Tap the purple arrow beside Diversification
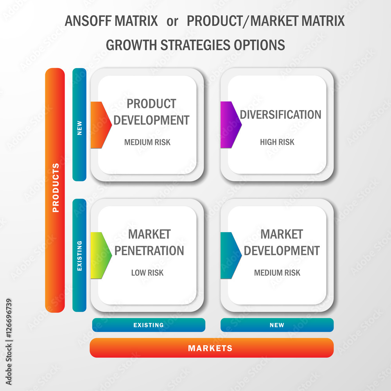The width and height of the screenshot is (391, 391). click(x=230, y=125)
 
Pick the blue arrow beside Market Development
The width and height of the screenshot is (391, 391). click(x=230, y=255)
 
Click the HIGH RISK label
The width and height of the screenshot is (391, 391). click(x=277, y=142)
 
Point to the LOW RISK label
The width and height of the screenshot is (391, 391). click(x=147, y=273)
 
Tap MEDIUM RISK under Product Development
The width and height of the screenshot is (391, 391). click(x=147, y=142)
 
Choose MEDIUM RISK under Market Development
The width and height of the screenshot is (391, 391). click(x=277, y=273)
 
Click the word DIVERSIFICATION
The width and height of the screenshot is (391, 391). click(x=280, y=115)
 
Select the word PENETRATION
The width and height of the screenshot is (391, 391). click(x=149, y=251)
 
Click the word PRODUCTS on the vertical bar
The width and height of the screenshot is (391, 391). click(x=56, y=188)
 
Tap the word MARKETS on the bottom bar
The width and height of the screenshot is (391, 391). click(x=210, y=348)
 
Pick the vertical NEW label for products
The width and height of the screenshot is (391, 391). click(x=79, y=128)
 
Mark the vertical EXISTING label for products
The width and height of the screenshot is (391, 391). click(x=79, y=256)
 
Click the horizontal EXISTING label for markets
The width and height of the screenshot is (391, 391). click(x=148, y=325)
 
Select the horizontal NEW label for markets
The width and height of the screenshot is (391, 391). click(x=277, y=325)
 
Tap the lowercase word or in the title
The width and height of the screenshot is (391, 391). click(x=172, y=22)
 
